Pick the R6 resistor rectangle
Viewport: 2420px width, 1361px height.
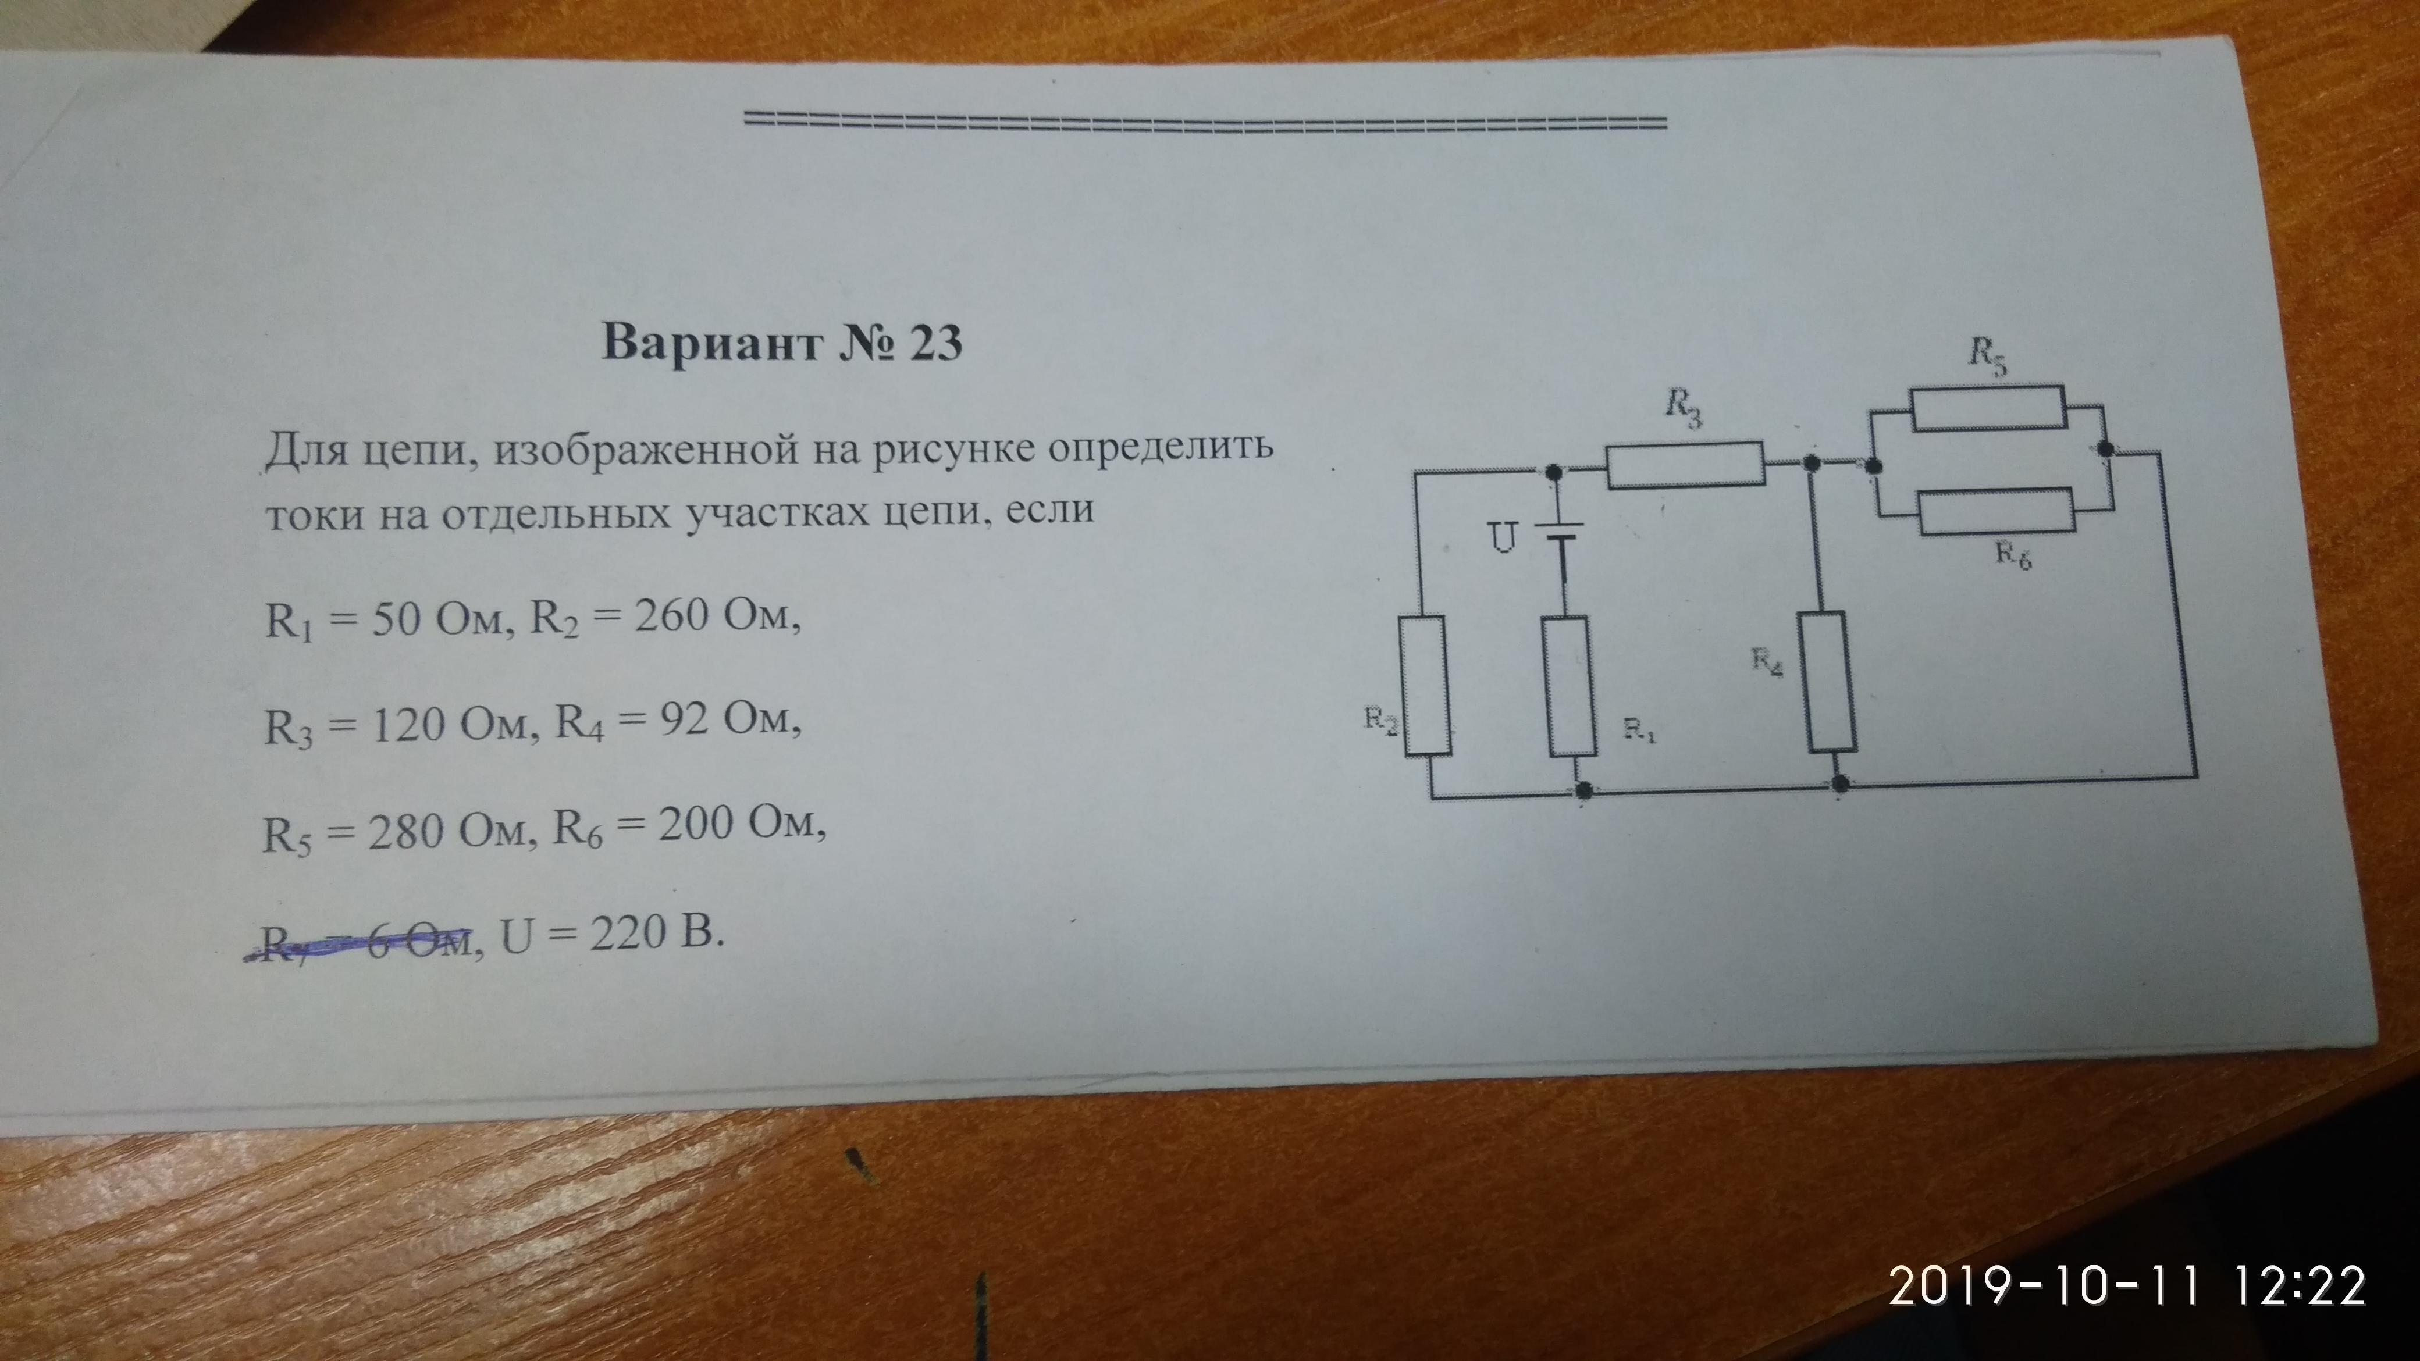click(x=1995, y=512)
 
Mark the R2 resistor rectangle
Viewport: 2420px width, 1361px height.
click(x=1428, y=686)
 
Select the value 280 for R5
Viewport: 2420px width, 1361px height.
click(x=404, y=831)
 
